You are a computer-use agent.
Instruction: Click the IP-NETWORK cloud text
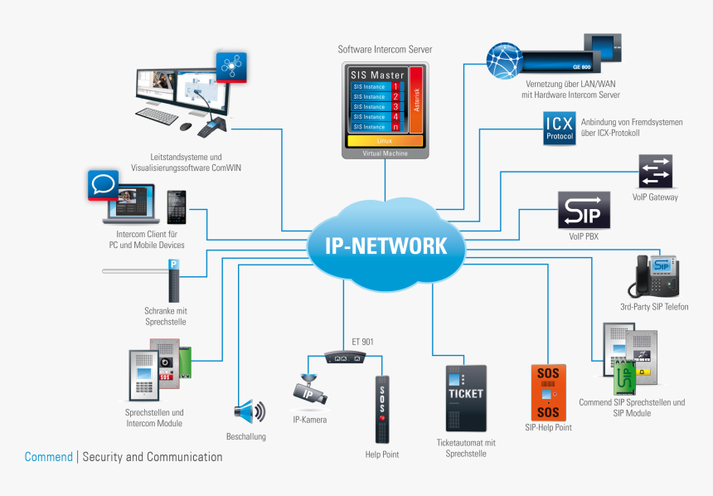377,246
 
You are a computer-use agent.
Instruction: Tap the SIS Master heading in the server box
377,75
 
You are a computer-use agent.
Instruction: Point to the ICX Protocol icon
559,129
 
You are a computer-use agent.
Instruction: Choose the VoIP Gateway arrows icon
655,171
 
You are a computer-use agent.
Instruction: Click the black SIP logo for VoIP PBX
585,211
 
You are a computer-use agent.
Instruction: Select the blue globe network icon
507,59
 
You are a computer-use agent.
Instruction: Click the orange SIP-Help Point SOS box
548,392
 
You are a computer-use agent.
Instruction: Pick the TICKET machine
465,398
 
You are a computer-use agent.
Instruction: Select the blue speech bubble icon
105,185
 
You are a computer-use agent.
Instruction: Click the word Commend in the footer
49,457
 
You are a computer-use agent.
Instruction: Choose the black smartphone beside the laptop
174,207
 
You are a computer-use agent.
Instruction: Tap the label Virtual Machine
385,153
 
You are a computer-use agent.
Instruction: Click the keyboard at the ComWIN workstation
157,116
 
